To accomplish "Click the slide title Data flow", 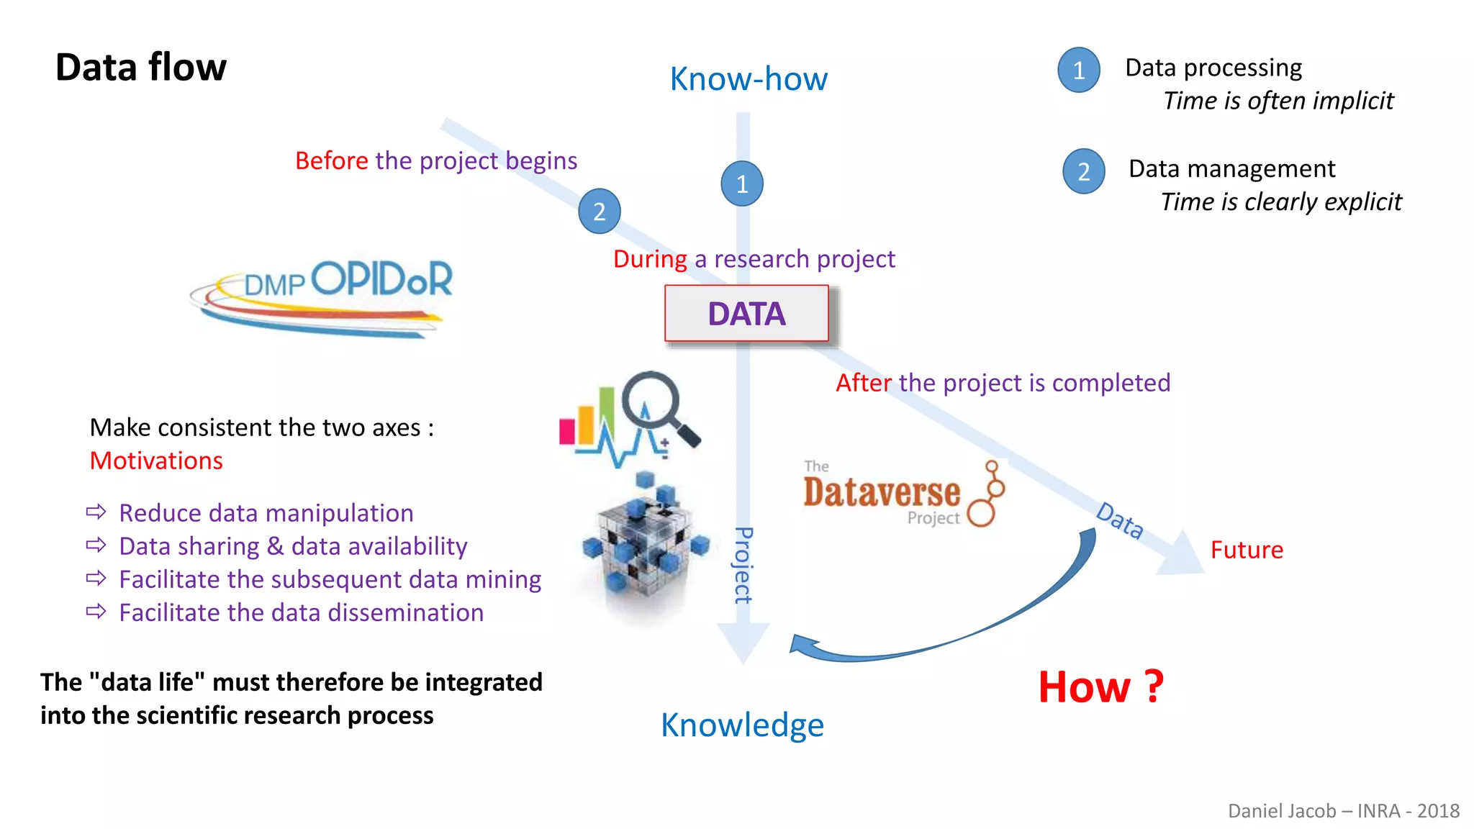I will coord(141,68).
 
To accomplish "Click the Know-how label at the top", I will coord(749,78).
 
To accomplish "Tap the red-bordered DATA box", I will coord(746,314).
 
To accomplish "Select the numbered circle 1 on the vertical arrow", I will coord(742,184).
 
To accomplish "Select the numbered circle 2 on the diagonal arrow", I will coord(600,212).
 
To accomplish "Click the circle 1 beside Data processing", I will coord(1079,70).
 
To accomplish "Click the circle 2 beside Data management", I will coord(1084,171).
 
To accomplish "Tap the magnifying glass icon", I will coord(658,406).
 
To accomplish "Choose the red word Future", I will coord(1247,550).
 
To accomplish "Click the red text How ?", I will coord(1100,687).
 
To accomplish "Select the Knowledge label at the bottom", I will coord(742,725).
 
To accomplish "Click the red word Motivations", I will coord(156,461).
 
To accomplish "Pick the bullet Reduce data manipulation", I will coord(266,513).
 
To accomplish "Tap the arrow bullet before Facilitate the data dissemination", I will coord(96,612).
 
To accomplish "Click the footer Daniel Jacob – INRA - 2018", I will coord(1343,811).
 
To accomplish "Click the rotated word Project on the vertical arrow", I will coord(743,566).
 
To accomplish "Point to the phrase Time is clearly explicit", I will coord(1281,202).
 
